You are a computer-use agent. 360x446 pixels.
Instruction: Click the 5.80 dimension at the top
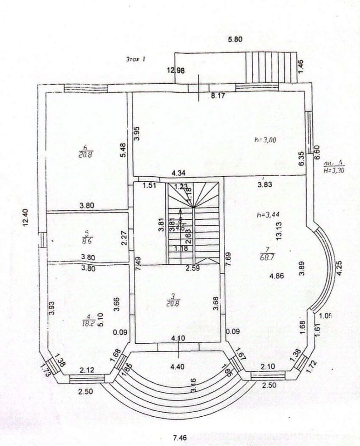236,39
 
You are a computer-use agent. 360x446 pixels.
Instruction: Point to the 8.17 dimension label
218,97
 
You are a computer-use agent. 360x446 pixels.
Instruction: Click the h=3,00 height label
266,139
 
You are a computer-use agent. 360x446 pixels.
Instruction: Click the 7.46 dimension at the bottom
179,437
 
